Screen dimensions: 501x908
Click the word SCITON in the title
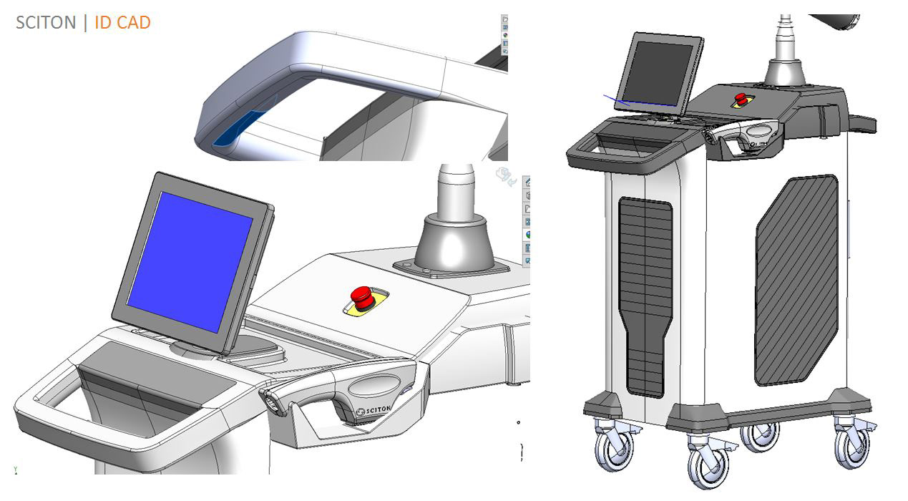click(46, 23)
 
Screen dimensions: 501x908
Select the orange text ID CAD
click(122, 23)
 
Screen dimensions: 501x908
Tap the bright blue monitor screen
click(189, 261)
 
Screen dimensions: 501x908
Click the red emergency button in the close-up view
click(362, 296)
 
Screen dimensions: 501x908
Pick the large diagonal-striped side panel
click(796, 279)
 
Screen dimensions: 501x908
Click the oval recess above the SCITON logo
click(374, 386)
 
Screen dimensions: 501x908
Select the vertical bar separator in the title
click(85, 23)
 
